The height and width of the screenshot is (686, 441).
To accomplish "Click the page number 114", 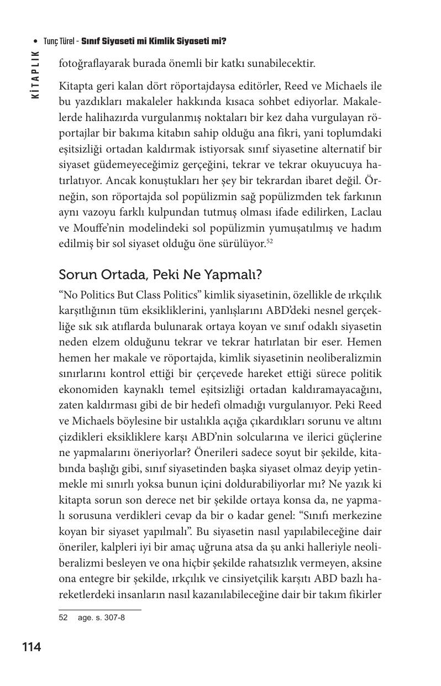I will pyautogui.click(x=32, y=647).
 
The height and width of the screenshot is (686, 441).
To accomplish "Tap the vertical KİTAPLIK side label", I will pyautogui.click(x=36, y=75).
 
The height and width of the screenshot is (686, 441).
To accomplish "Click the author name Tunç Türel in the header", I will pyautogui.click(x=60, y=41).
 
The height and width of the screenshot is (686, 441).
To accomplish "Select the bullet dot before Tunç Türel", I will pyautogui.click(x=36, y=42).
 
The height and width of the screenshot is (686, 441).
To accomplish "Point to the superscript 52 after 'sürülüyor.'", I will pyautogui.click(x=270, y=242).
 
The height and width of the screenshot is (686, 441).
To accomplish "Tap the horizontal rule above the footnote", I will pyautogui.click(x=99, y=610).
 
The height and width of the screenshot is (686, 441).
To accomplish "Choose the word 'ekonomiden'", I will pyautogui.click(x=84, y=390).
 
